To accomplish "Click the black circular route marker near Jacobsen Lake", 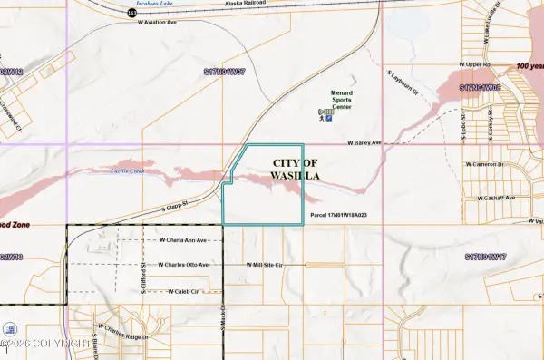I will (132, 15).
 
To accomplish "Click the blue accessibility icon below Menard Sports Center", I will (328, 116).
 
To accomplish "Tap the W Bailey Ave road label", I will (366, 142).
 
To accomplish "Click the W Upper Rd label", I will (473, 65).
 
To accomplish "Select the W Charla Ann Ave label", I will (183, 241).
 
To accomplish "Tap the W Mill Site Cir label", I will (271, 265).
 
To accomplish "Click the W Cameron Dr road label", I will (490, 164).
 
